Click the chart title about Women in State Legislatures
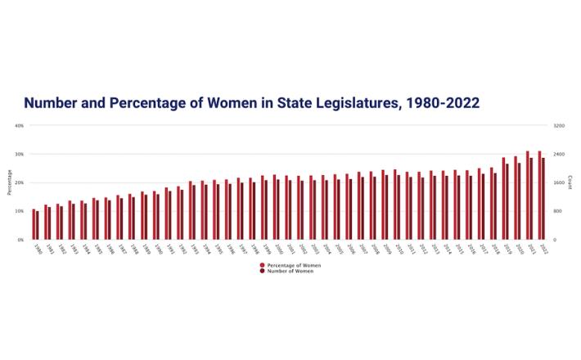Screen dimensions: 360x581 point(251,103)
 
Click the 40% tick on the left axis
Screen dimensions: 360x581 point(19,126)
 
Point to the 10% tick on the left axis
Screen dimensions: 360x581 point(19,211)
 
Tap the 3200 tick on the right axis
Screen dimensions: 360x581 point(559,126)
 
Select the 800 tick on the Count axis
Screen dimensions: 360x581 point(558,211)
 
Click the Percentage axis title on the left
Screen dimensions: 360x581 point(9,182)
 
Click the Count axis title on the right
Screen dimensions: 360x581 point(570,182)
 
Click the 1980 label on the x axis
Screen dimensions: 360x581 point(37,248)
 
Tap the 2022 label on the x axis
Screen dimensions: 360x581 point(543,248)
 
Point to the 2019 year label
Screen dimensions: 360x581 point(507,248)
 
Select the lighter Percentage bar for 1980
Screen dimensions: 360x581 point(34,224)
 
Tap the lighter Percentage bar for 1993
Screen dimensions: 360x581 point(190,211)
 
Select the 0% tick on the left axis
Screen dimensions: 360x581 point(20,240)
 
